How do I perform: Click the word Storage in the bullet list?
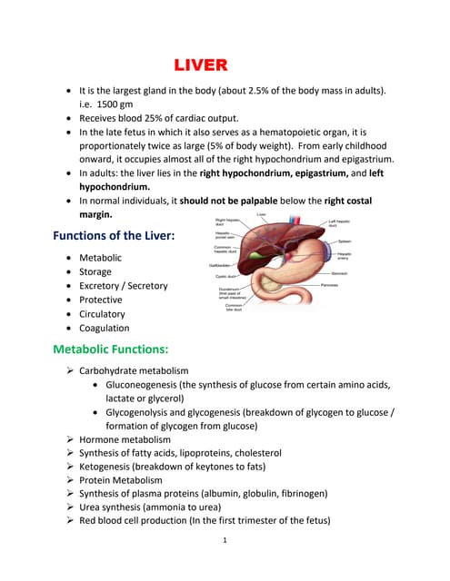95,271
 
